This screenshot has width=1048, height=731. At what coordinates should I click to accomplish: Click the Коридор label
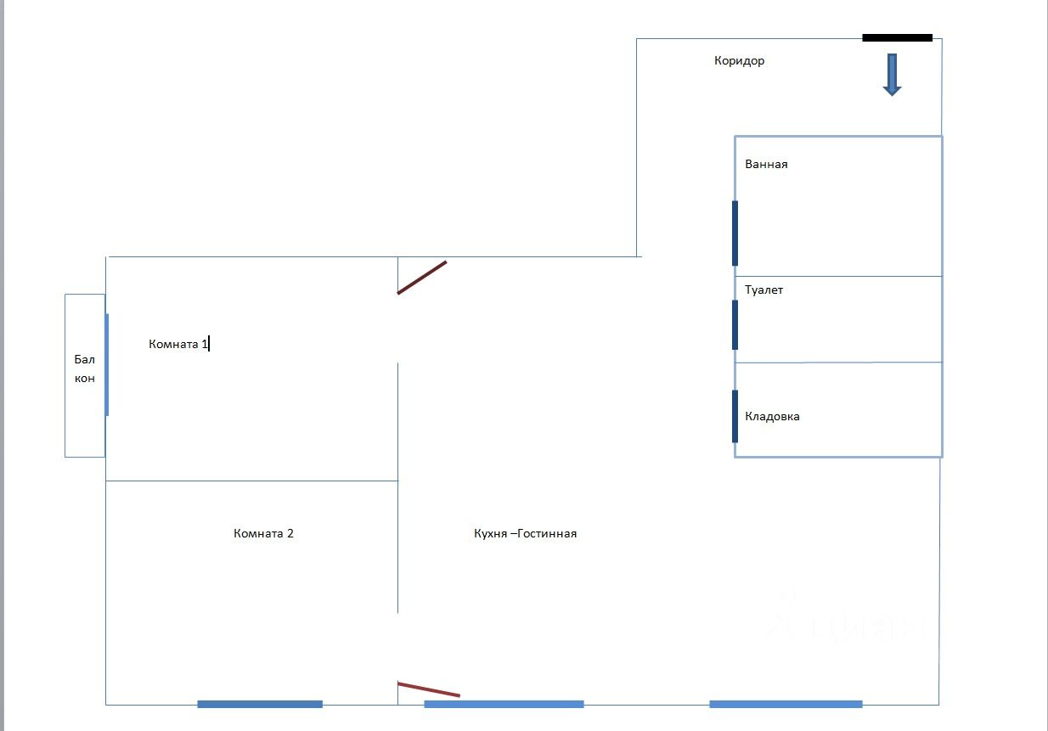739,61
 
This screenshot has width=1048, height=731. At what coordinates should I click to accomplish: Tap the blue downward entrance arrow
892,75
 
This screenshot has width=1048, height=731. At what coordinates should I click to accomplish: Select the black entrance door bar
897,37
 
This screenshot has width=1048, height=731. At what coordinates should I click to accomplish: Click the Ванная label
766,165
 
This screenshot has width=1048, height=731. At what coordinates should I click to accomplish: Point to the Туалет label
763,290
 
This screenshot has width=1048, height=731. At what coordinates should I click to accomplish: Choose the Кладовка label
772,417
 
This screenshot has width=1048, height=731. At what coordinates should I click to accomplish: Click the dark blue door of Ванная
735,233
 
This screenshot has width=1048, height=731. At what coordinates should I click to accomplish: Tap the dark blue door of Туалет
735,324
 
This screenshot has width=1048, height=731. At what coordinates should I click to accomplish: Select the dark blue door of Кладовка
735,416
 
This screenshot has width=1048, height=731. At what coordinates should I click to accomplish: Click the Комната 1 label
178,344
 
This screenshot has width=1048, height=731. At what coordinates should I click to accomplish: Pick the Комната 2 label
263,534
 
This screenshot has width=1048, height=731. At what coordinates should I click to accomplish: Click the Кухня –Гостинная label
525,534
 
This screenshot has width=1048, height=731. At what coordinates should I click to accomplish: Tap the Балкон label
85,368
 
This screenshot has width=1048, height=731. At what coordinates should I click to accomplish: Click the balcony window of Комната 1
107,364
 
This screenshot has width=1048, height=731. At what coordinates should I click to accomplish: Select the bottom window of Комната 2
260,704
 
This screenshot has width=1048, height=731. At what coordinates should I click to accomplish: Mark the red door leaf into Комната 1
422,278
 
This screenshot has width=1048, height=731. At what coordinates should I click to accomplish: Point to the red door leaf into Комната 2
428,689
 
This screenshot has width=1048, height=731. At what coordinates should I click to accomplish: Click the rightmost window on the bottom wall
786,704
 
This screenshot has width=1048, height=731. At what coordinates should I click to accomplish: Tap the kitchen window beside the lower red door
504,704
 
